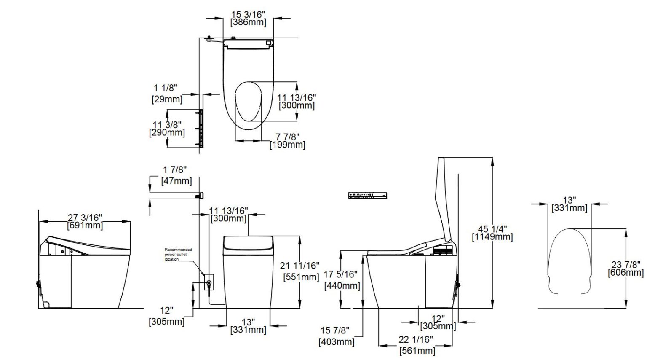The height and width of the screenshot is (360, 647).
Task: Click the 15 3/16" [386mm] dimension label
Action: coord(248,19)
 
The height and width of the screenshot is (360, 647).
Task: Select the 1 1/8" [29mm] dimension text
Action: coord(166,94)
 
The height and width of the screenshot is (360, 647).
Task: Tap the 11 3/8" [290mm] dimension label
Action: coord(167,129)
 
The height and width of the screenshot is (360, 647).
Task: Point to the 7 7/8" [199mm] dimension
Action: coord(287,141)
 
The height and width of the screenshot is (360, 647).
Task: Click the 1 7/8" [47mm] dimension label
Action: coord(176,175)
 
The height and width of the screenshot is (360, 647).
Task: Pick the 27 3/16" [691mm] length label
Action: coord(85,221)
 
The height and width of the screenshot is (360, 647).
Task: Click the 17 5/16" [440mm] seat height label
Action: coord(342,280)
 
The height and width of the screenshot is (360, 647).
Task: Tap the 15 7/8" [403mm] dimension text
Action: coord(336,336)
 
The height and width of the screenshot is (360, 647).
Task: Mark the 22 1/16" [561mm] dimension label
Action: coord(416,345)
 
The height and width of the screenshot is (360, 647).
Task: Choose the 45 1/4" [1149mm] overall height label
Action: coord(492,233)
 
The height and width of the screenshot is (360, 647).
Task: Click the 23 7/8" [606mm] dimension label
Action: coord(626,269)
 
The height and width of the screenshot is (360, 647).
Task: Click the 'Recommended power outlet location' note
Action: coord(178,254)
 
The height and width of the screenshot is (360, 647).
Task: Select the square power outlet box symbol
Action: coord(209,282)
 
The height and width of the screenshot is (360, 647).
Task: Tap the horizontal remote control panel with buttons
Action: coord(367,195)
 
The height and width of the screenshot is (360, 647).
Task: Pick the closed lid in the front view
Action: coord(248,244)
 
